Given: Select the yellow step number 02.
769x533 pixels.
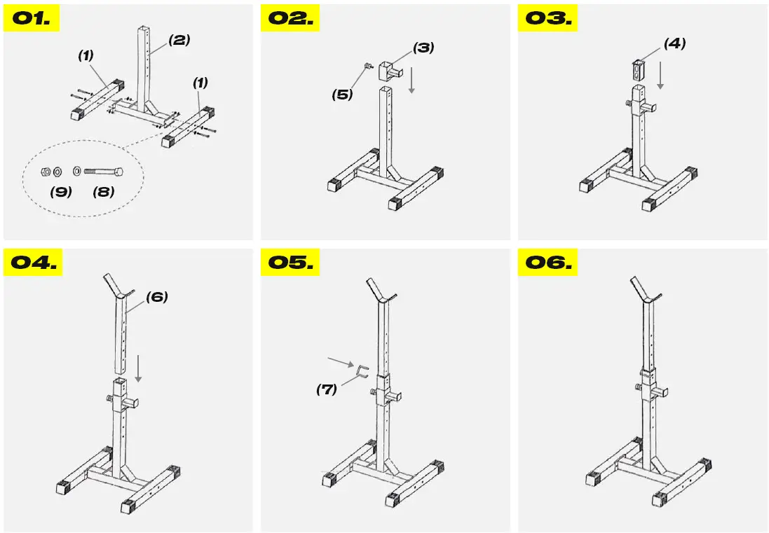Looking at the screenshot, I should (290, 18).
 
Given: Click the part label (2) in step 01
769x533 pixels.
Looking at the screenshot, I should (178, 40).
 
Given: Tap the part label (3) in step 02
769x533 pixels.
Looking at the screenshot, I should (423, 48).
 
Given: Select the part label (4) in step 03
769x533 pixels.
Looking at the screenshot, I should (674, 43).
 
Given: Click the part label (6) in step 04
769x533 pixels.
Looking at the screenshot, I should (156, 297).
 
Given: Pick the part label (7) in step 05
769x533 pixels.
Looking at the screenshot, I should (326, 389).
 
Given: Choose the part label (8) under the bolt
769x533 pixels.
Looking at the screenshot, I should (103, 191).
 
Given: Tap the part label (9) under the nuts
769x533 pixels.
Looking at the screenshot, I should (61, 191).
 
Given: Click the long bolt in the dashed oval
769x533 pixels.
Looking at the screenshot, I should (104, 170).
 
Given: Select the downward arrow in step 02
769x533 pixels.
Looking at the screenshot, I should (412, 81).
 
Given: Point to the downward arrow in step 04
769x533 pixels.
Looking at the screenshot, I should (138, 368).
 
